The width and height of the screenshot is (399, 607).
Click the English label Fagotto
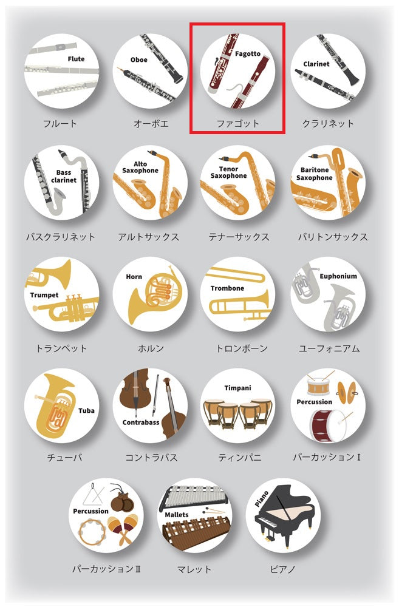248,54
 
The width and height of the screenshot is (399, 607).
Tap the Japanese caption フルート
60,124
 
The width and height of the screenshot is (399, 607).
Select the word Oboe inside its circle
138,59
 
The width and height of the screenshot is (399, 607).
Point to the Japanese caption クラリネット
328,124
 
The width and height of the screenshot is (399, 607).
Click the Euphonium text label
338,276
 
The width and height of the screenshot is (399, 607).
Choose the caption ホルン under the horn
151,348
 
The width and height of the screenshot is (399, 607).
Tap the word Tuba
86,410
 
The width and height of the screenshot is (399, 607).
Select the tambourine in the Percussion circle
92,532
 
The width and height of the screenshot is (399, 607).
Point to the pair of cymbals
346,393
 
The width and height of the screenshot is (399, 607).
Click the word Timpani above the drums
237,388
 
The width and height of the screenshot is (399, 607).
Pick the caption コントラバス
151,458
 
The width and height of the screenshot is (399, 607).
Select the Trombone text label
227,288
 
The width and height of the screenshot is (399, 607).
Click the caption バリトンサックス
333,237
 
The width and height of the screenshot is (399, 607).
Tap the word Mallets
177,515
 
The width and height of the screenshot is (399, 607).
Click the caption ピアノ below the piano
283,569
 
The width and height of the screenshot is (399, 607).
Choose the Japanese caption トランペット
61,348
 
